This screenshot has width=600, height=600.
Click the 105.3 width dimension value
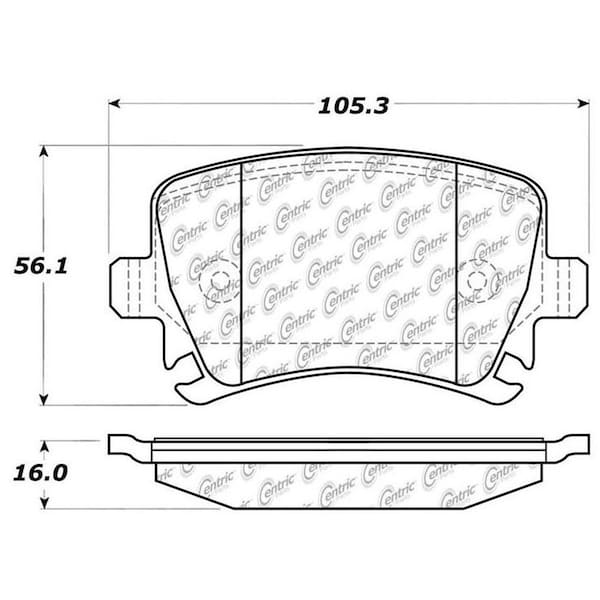coord(353,106)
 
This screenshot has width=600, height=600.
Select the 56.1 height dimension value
coord(41,266)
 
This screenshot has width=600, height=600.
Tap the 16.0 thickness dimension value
coord(41,473)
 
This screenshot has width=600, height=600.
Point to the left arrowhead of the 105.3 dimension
coord(114,103)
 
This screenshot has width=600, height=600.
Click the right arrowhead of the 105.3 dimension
coord(584,103)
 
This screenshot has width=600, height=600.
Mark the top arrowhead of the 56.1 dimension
coord(44,151)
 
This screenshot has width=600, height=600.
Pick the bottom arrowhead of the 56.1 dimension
coord(44,399)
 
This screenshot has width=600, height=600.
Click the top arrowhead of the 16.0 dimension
coord(45,446)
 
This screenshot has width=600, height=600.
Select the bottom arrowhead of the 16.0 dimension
coord(45,504)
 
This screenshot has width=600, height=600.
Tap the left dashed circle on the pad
coord(199,282)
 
